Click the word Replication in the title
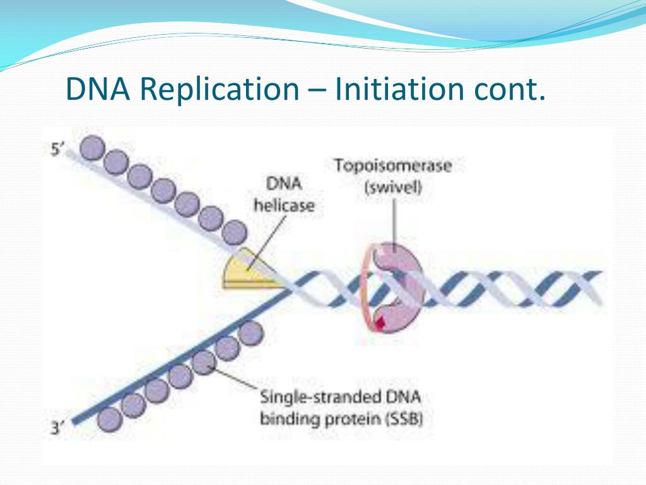(x=218, y=88)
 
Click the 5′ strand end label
(x=57, y=150)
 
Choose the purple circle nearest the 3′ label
(x=110, y=418)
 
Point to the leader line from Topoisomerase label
(x=393, y=222)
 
